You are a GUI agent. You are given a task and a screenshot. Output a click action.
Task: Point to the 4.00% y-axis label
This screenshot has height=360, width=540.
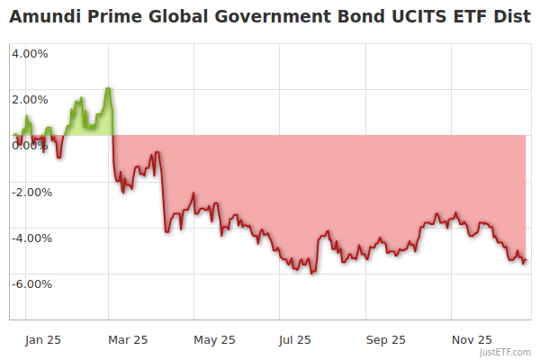click(30, 53)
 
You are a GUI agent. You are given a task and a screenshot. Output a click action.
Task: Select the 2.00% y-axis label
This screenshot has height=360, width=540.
click(30, 99)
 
